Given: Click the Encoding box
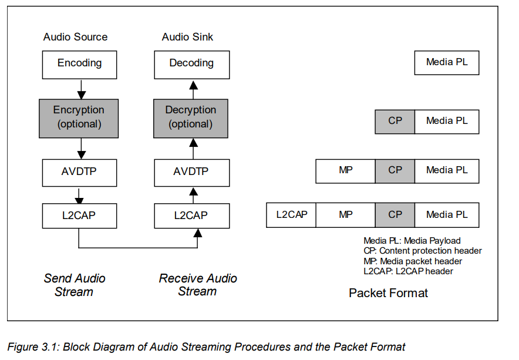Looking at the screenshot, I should click(x=79, y=64).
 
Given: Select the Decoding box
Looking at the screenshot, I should click(x=191, y=64).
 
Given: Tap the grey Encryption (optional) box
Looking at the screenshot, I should click(x=79, y=117).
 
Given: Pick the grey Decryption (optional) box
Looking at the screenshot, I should click(x=191, y=117).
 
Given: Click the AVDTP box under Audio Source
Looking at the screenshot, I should click(x=79, y=173).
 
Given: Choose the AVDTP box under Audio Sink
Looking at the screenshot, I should click(x=191, y=173).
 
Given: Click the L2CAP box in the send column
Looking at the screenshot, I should click(x=79, y=216).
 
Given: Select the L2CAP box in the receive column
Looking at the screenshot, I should click(x=191, y=216).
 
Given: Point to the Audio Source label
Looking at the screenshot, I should click(x=76, y=37).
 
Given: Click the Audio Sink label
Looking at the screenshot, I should click(x=187, y=37).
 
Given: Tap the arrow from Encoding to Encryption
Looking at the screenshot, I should click(x=82, y=89).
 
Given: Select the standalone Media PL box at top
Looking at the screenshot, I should click(x=447, y=62).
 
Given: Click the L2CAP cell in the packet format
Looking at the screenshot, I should click(x=291, y=215).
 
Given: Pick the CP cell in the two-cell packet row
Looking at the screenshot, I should click(x=395, y=122).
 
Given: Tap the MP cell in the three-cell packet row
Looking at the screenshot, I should click(x=345, y=171).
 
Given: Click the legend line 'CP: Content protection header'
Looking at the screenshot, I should click(x=422, y=251).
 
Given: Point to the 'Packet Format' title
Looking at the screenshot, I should click(x=388, y=292).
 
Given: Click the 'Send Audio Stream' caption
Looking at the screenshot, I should click(x=75, y=285).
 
